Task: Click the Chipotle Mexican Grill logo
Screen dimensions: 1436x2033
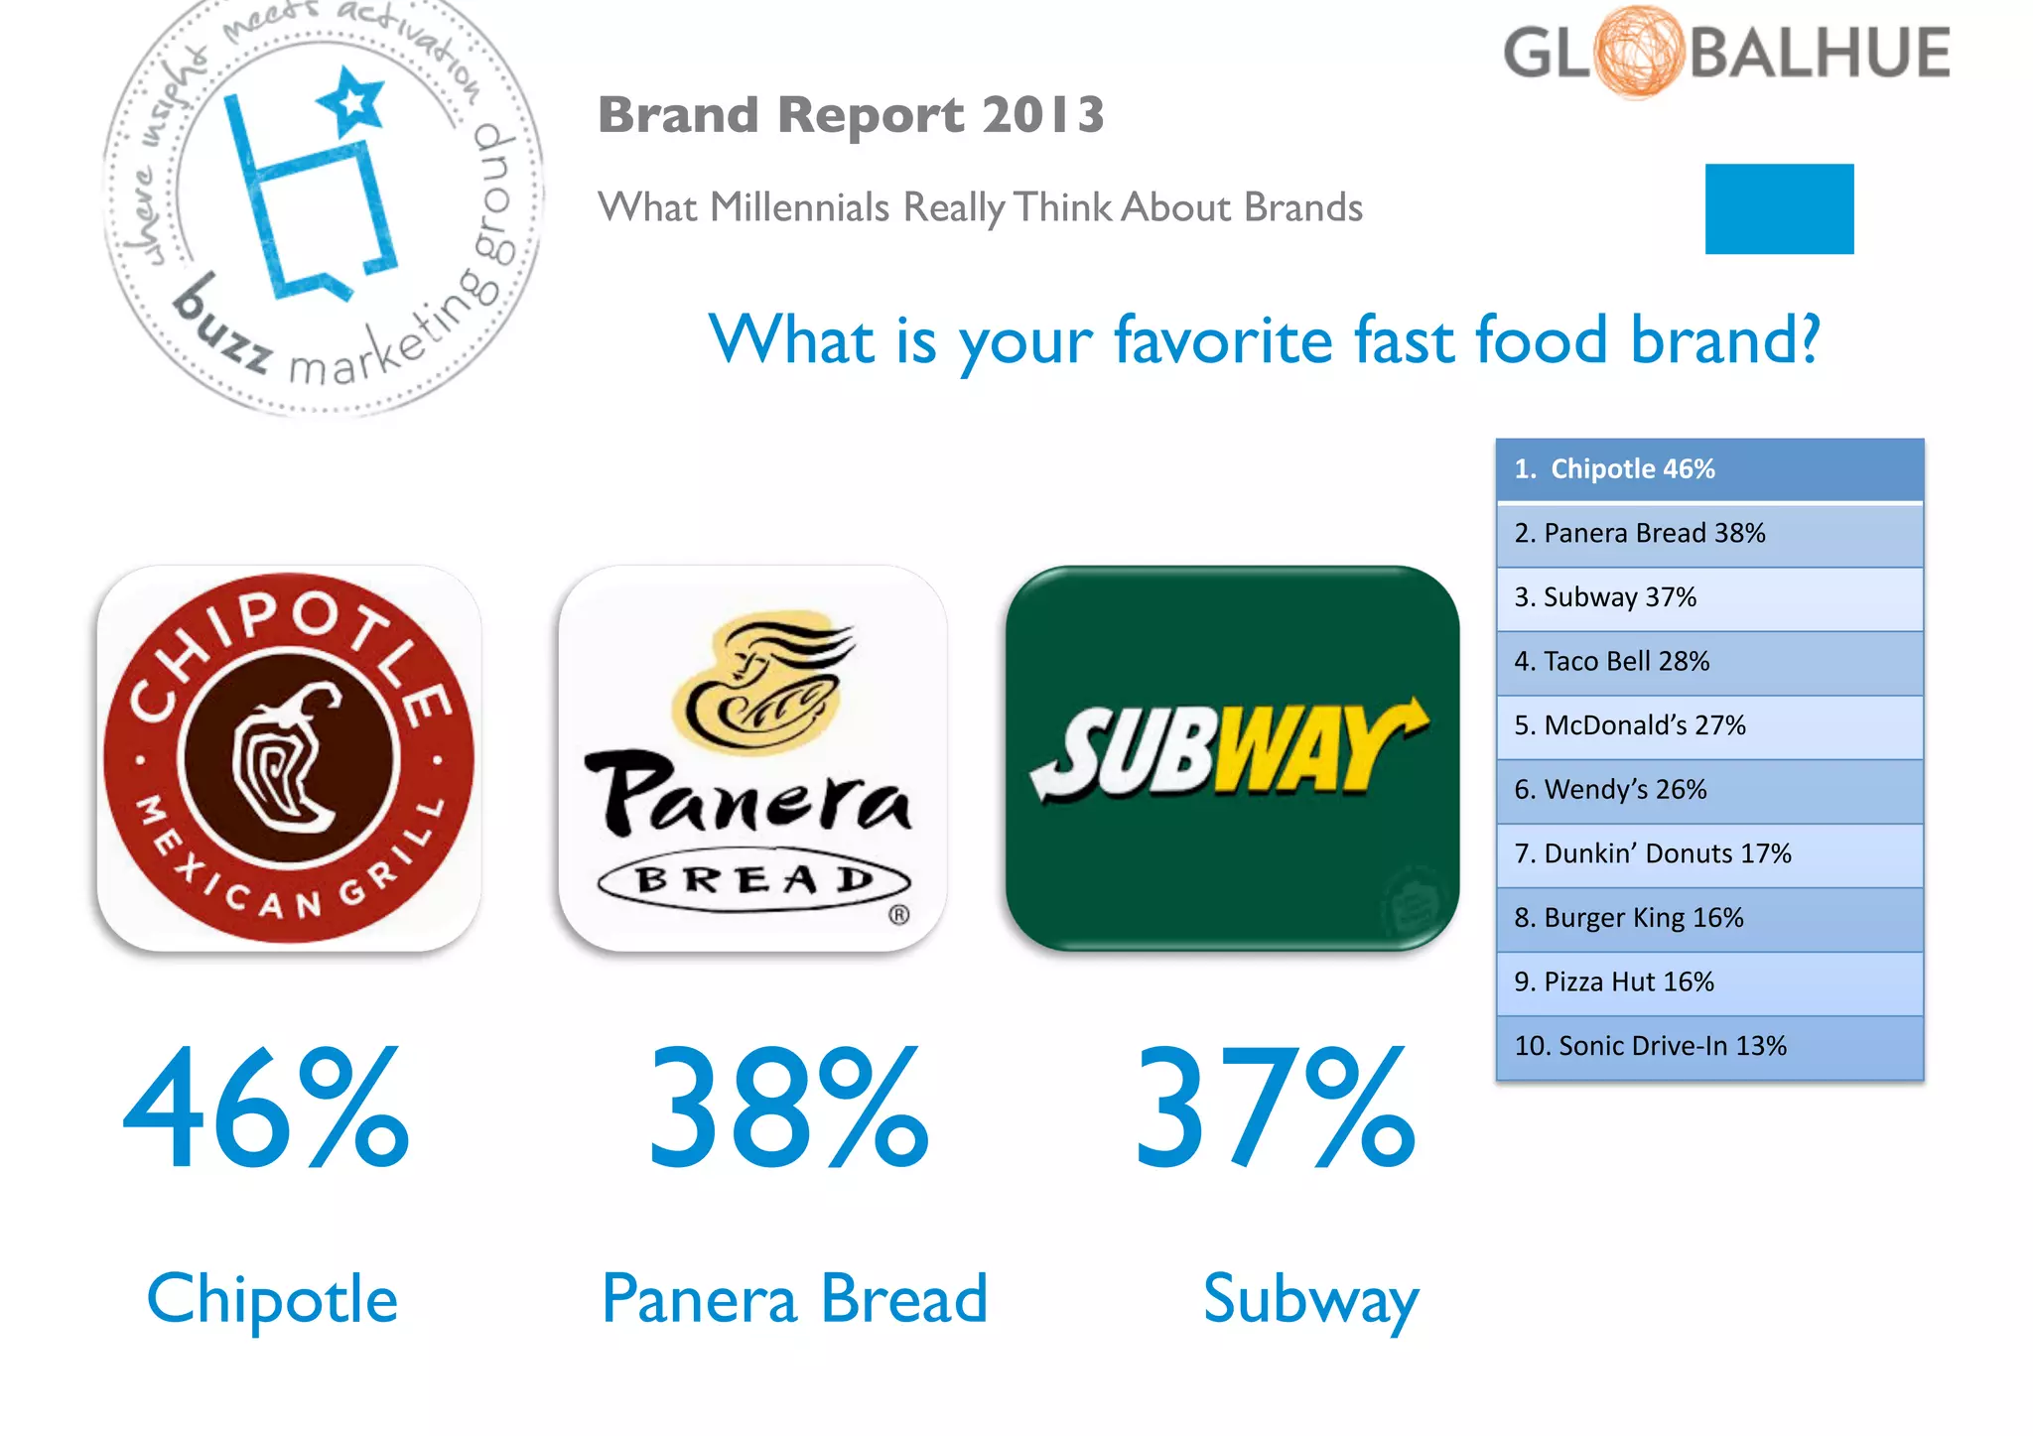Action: tap(289, 758)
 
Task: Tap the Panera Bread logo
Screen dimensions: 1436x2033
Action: tap(752, 758)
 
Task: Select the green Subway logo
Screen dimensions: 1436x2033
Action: tap(1232, 758)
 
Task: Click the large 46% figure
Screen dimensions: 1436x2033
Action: tap(266, 1108)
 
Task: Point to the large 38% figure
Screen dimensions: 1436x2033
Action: tap(789, 1108)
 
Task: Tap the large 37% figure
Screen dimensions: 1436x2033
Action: tap(1276, 1108)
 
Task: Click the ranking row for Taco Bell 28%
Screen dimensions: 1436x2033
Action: tap(1709, 662)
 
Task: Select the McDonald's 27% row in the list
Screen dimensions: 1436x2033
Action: tap(1709, 726)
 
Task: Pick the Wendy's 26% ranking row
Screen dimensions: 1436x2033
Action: tap(1709, 790)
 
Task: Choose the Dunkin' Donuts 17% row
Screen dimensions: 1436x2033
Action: tap(1709, 854)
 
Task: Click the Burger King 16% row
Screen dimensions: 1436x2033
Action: tap(1709, 918)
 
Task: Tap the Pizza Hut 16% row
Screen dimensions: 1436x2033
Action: tap(1709, 982)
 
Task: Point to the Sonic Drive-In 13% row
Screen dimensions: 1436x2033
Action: tap(1709, 1046)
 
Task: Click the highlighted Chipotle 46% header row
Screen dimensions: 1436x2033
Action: tap(1709, 469)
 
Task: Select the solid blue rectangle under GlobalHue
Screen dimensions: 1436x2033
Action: tap(1779, 208)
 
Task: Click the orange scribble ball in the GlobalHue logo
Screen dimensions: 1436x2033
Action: tap(1639, 52)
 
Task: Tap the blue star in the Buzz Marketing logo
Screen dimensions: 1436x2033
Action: tap(351, 101)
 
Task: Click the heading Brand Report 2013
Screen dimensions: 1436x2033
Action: tap(851, 114)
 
